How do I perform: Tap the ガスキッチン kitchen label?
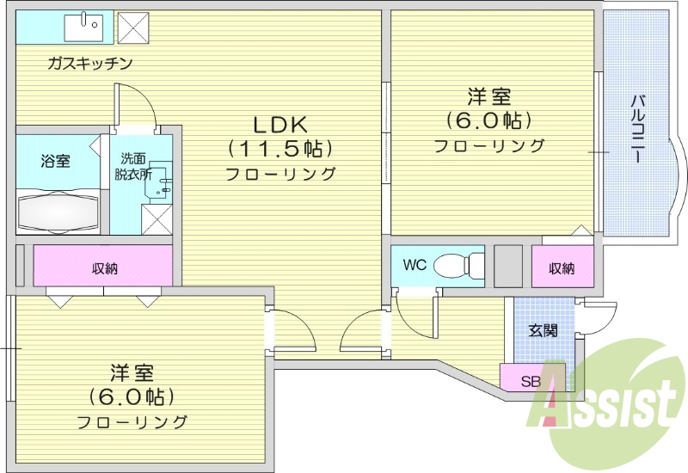(x=89, y=63)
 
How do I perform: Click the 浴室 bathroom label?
(x=55, y=160)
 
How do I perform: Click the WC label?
(x=415, y=265)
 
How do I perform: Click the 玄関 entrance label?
(x=542, y=329)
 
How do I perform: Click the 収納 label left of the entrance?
(x=562, y=268)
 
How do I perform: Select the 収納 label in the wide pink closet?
(x=105, y=268)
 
